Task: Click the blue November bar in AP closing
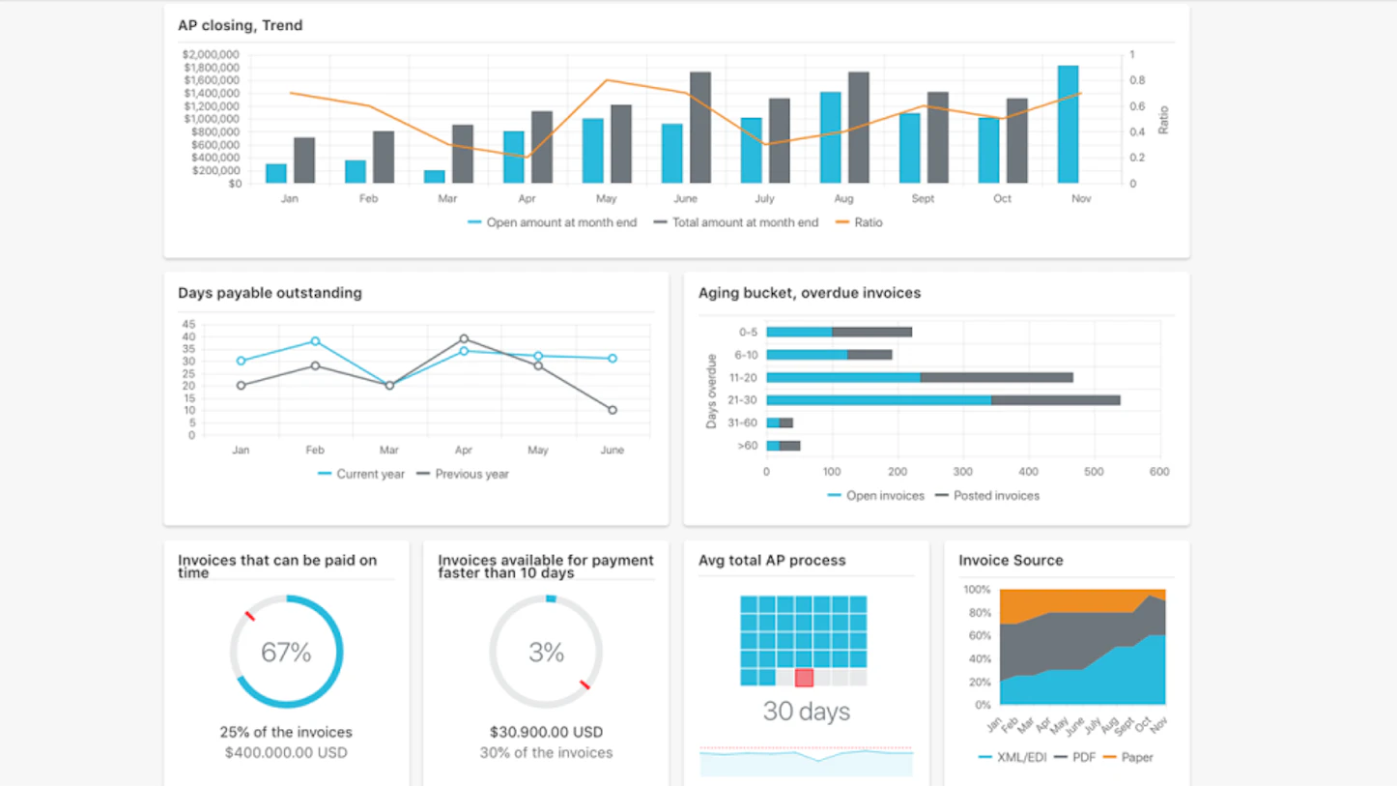(1068, 126)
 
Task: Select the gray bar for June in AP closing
(700, 129)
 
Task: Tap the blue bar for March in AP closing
(435, 177)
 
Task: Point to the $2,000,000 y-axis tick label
(211, 55)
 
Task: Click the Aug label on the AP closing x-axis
(843, 198)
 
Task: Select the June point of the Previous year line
(613, 410)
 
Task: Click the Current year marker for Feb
(315, 341)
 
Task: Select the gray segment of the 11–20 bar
(995, 378)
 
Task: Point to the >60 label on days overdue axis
(747, 446)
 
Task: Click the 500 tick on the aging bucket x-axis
(1094, 472)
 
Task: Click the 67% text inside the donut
(286, 653)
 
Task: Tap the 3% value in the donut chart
(546, 653)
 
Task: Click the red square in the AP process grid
(804, 678)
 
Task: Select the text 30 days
(806, 712)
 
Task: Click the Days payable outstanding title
(270, 293)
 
